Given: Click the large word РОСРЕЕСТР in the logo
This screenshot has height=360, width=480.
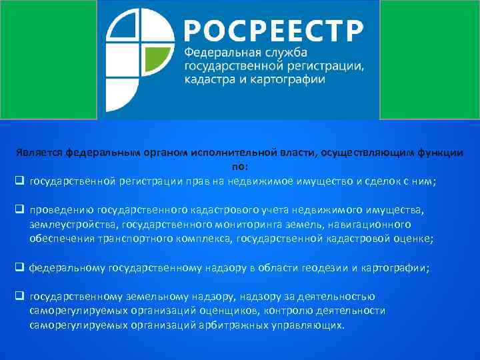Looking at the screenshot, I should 274,31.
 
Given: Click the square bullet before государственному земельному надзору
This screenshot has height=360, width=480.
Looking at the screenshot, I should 19,297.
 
